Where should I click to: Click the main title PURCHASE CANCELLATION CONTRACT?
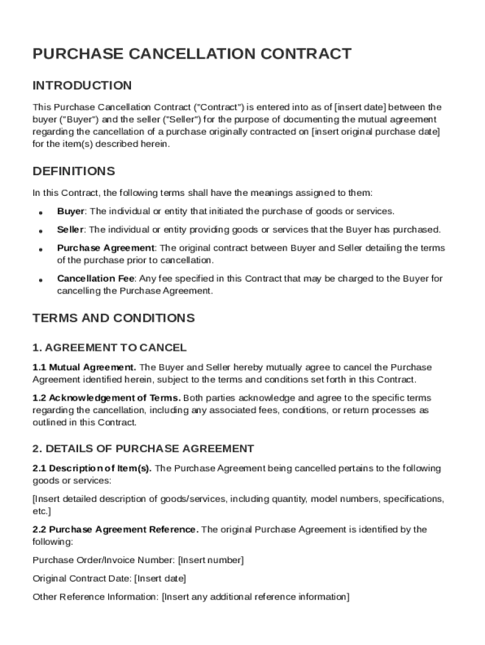191,54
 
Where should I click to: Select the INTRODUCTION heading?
82,86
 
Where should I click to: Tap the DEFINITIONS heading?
74,171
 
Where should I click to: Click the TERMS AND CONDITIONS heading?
113,318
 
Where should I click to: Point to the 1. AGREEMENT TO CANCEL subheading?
109,348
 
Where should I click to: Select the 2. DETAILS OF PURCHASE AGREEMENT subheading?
143,448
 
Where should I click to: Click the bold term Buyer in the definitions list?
71,211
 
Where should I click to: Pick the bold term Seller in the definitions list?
71,229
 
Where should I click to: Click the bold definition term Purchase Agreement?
105,248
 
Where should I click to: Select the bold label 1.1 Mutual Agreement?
84,367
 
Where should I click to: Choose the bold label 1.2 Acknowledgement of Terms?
106,398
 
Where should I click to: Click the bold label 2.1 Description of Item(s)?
92,468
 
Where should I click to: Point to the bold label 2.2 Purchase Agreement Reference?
115,529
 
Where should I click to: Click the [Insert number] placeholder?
211,560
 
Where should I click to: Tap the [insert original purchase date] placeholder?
376,132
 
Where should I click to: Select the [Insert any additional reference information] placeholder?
256,596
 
